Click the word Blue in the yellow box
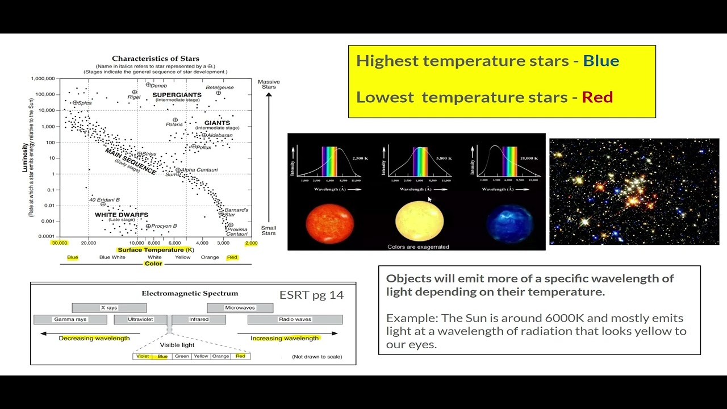[x=601, y=61]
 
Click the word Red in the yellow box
[x=597, y=97]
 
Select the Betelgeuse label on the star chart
[x=219, y=87]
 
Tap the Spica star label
[x=84, y=103]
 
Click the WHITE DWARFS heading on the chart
[x=121, y=215]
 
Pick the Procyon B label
[x=164, y=226]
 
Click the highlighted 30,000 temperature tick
[x=60, y=243]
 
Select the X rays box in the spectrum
[x=109, y=308]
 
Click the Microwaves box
[x=240, y=308]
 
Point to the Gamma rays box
[x=70, y=319]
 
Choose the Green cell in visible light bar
[x=182, y=356]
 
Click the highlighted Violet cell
[x=143, y=356]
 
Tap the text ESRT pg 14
[x=311, y=295]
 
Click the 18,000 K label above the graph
[x=528, y=158]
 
